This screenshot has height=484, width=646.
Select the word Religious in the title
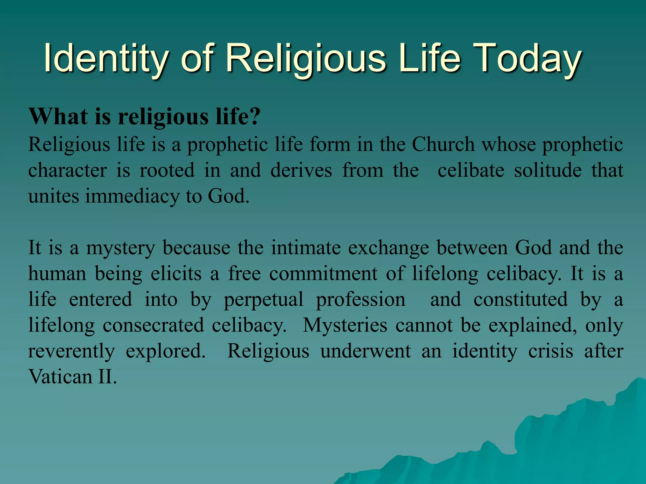pyautogui.click(x=306, y=58)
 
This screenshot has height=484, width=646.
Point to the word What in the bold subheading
pyautogui.click(x=58, y=117)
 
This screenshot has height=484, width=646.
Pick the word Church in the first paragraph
pyautogui.click(x=443, y=145)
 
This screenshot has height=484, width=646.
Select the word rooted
pyautogui.click(x=167, y=170)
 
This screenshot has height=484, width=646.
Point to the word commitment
pyautogui.click(x=323, y=274)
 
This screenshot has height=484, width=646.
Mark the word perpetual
pyautogui.click(x=264, y=300)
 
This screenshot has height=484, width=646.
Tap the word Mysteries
pyautogui.click(x=345, y=325)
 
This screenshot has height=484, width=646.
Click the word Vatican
pyautogui.click(x=60, y=377)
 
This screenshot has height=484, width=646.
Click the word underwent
pyautogui.click(x=366, y=351)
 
